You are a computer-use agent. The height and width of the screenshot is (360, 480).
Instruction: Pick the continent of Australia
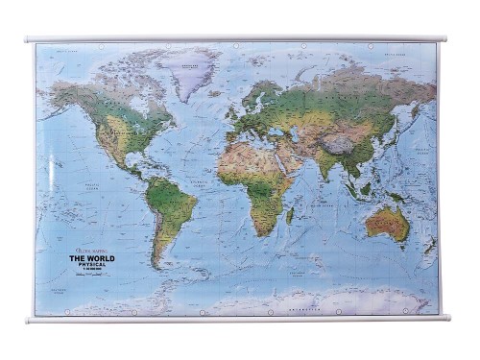(387, 223)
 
